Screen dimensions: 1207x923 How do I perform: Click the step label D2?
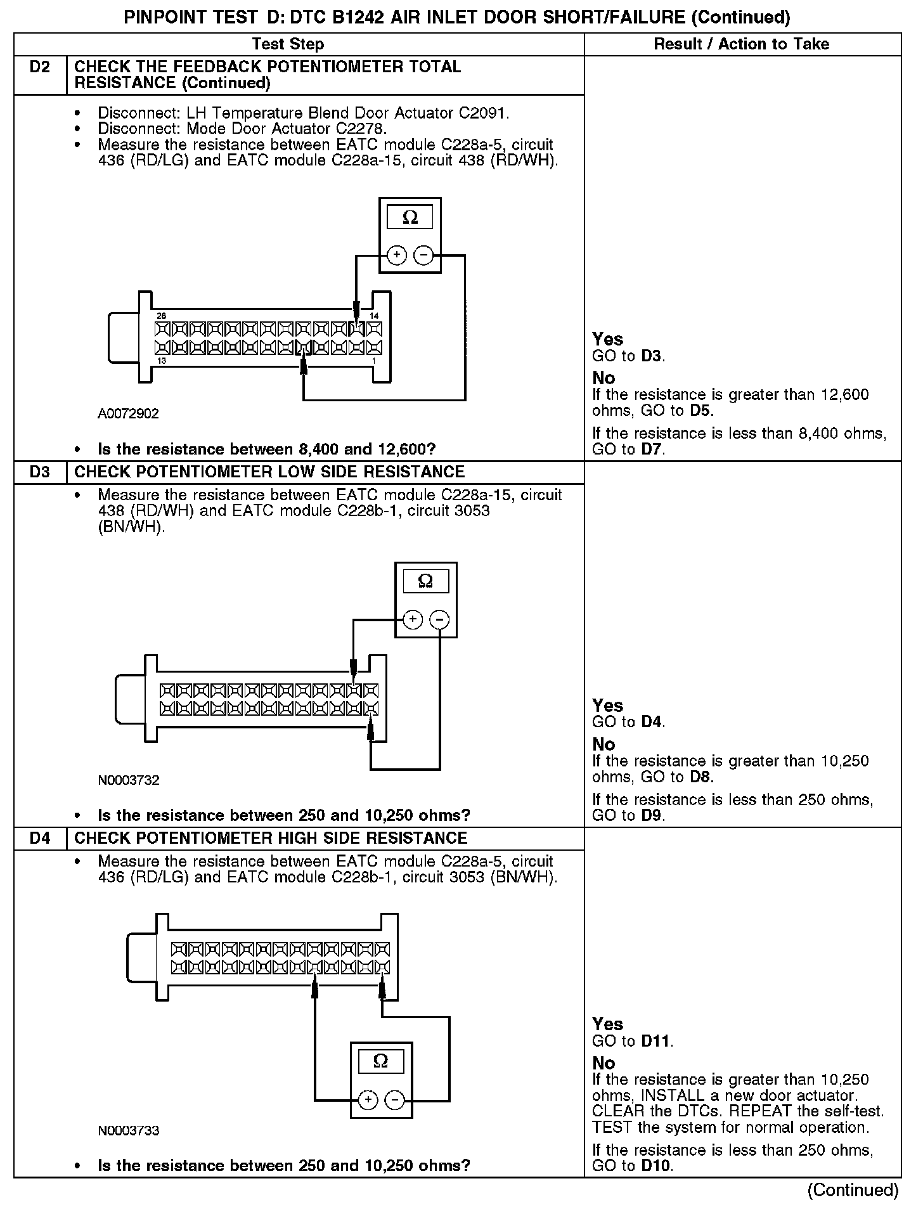coord(39,67)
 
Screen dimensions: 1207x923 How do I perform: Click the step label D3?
coord(39,472)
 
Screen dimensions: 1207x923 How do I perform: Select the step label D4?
coord(39,838)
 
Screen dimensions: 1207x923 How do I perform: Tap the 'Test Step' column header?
coord(288,44)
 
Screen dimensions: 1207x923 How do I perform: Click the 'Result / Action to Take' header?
coord(741,44)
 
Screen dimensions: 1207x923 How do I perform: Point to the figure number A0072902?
coord(128,414)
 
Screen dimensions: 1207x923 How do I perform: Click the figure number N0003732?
coord(128,780)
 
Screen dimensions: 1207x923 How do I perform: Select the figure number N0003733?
coord(128,1130)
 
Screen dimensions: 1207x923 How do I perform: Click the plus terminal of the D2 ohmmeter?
coord(397,255)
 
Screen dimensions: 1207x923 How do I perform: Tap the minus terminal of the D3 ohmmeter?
coord(439,619)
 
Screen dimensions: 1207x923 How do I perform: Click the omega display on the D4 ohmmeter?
coord(380,1061)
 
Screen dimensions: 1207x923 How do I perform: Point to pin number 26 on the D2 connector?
coord(162,316)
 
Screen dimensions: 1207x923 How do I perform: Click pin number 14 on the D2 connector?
coord(374,316)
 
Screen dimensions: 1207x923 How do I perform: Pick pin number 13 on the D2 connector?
coord(162,361)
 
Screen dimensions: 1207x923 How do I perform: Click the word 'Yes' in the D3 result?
coord(607,706)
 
